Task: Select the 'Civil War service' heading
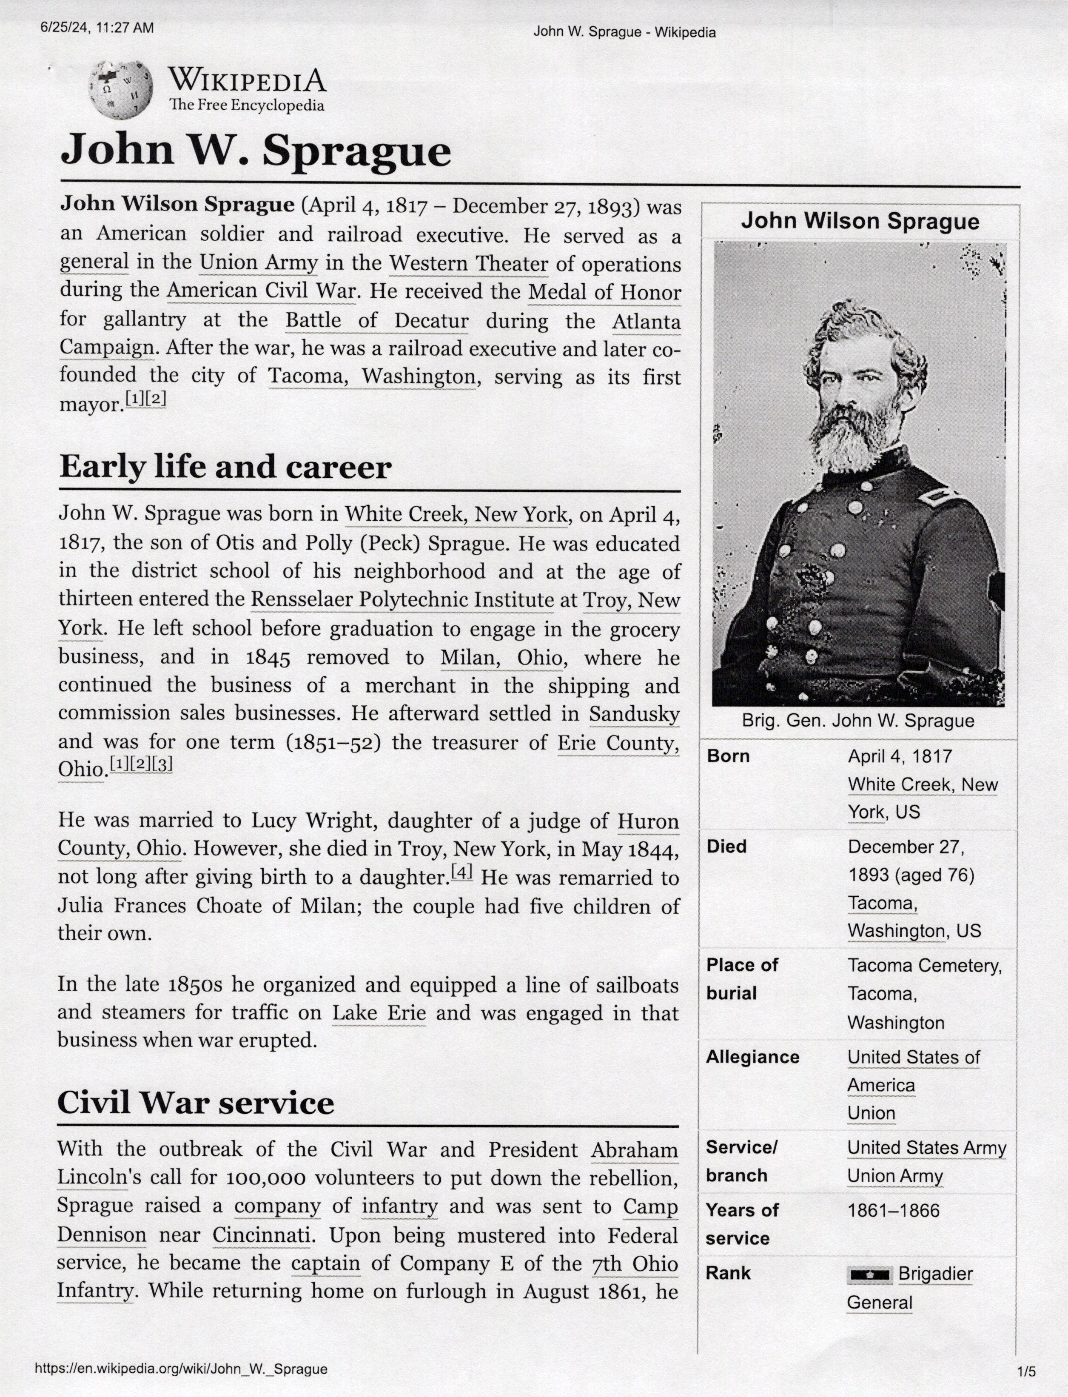[x=195, y=1102]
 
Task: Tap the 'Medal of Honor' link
[x=604, y=293]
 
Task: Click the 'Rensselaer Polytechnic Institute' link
[x=402, y=600]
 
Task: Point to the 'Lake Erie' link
[x=379, y=1013]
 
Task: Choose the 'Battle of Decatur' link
[x=376, y=320]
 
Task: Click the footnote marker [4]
[x=461, y=873]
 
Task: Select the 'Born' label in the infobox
[x=729, y=756]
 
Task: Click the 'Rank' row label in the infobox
[x=728, y=1273]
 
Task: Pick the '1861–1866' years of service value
[x=893, y=1210]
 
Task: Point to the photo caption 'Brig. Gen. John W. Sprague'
[x=857, y=721]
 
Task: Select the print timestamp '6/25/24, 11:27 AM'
[x=97, y=28]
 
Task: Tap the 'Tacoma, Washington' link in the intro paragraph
[x=371, y=377]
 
